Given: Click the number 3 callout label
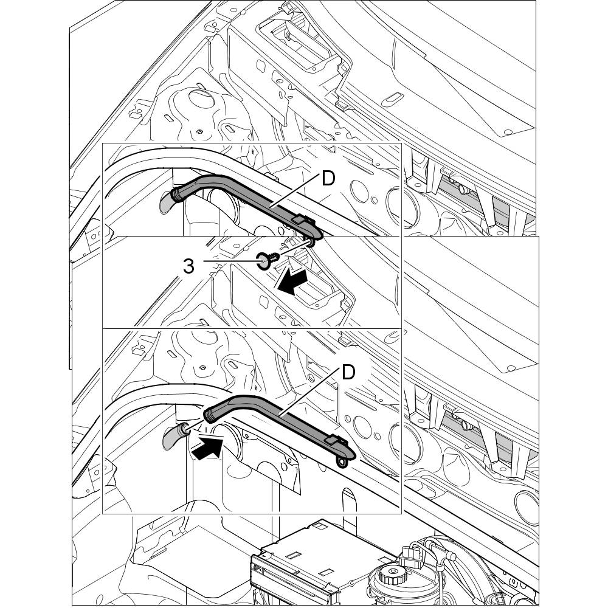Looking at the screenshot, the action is pos(188,266).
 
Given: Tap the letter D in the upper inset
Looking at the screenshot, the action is pos(328,179).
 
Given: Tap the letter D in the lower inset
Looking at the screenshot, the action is pos(348,371).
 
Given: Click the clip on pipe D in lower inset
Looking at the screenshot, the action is pos(332,440).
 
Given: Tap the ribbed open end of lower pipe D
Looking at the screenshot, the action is pos(209,415).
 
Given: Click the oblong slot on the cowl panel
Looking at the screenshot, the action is pos(392,97).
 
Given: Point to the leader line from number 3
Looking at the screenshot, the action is pos(231,262).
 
